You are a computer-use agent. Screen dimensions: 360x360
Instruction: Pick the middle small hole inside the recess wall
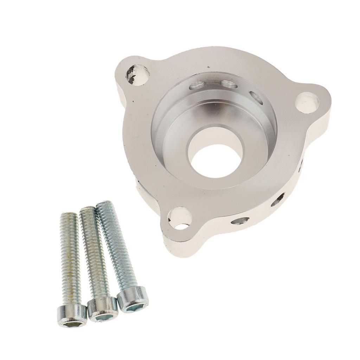(x=229, y=84)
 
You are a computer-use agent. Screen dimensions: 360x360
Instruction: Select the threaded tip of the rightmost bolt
(x=104, y=205)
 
